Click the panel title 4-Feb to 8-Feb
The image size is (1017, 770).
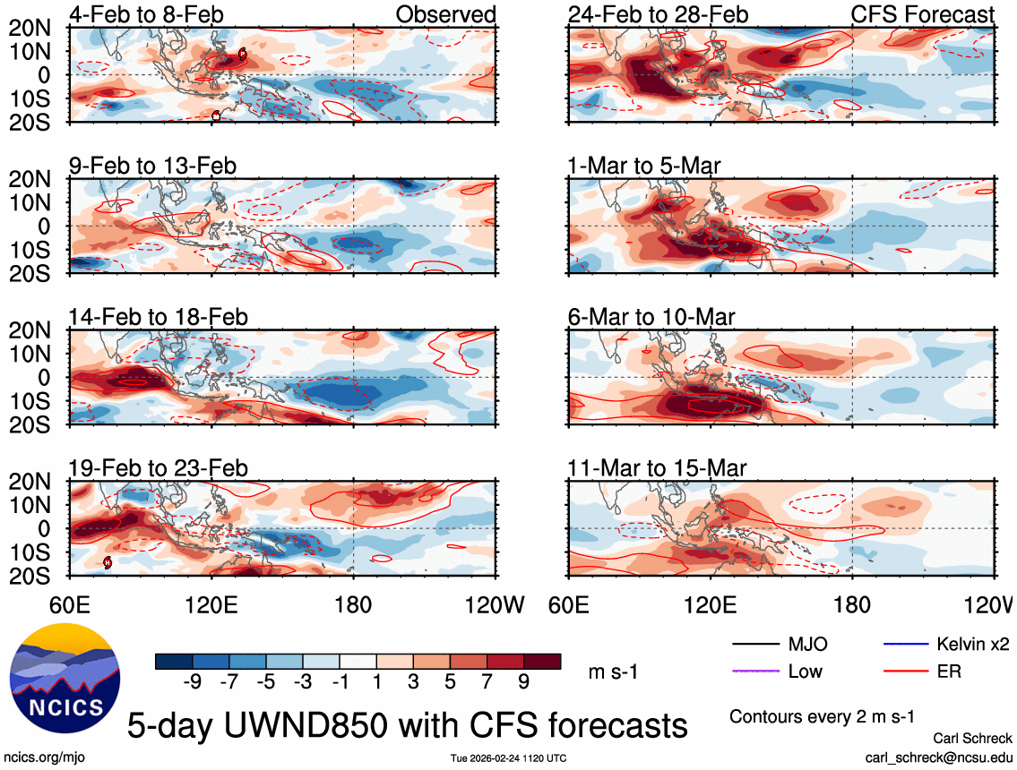pyautogui.click(x=146, y=14)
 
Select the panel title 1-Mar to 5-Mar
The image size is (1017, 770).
pyautogui.click(x=644, y=166)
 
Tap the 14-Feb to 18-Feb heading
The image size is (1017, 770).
pyautogui.click(x=159, y=318)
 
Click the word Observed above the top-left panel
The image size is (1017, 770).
pyautogui.click(x=445, y=14)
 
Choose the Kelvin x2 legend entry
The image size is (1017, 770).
pyautogui.click(x=973, y=644)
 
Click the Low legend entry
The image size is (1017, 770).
pyautogui.click(x=805, y=671)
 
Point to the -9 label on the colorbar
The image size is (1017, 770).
pyautogui.click(x=191, y=681)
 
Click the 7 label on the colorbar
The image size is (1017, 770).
pyautogui.click(x=487, y=681)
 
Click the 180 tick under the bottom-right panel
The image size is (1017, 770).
pyautogui.click(x=851, y=604)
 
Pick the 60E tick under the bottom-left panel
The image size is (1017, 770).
pyautogui.click(x=72, y=604)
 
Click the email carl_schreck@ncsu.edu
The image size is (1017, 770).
pyautogui.click(x=939, y=757)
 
